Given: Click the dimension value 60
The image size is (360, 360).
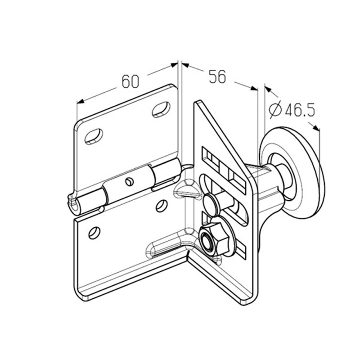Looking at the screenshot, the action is point(130,81).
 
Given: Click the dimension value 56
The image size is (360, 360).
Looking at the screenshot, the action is point(218,76).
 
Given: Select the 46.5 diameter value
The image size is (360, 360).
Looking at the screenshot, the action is point(300,110).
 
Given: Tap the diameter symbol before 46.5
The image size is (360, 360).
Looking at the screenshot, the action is point(275,110).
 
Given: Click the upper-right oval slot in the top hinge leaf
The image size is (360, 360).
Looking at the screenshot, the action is point(161,109).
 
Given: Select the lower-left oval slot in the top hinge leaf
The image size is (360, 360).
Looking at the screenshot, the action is point(94,136).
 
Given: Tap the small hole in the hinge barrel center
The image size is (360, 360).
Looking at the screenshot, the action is point(129,182).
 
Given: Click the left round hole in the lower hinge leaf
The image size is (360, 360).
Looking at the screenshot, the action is point(94,233).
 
